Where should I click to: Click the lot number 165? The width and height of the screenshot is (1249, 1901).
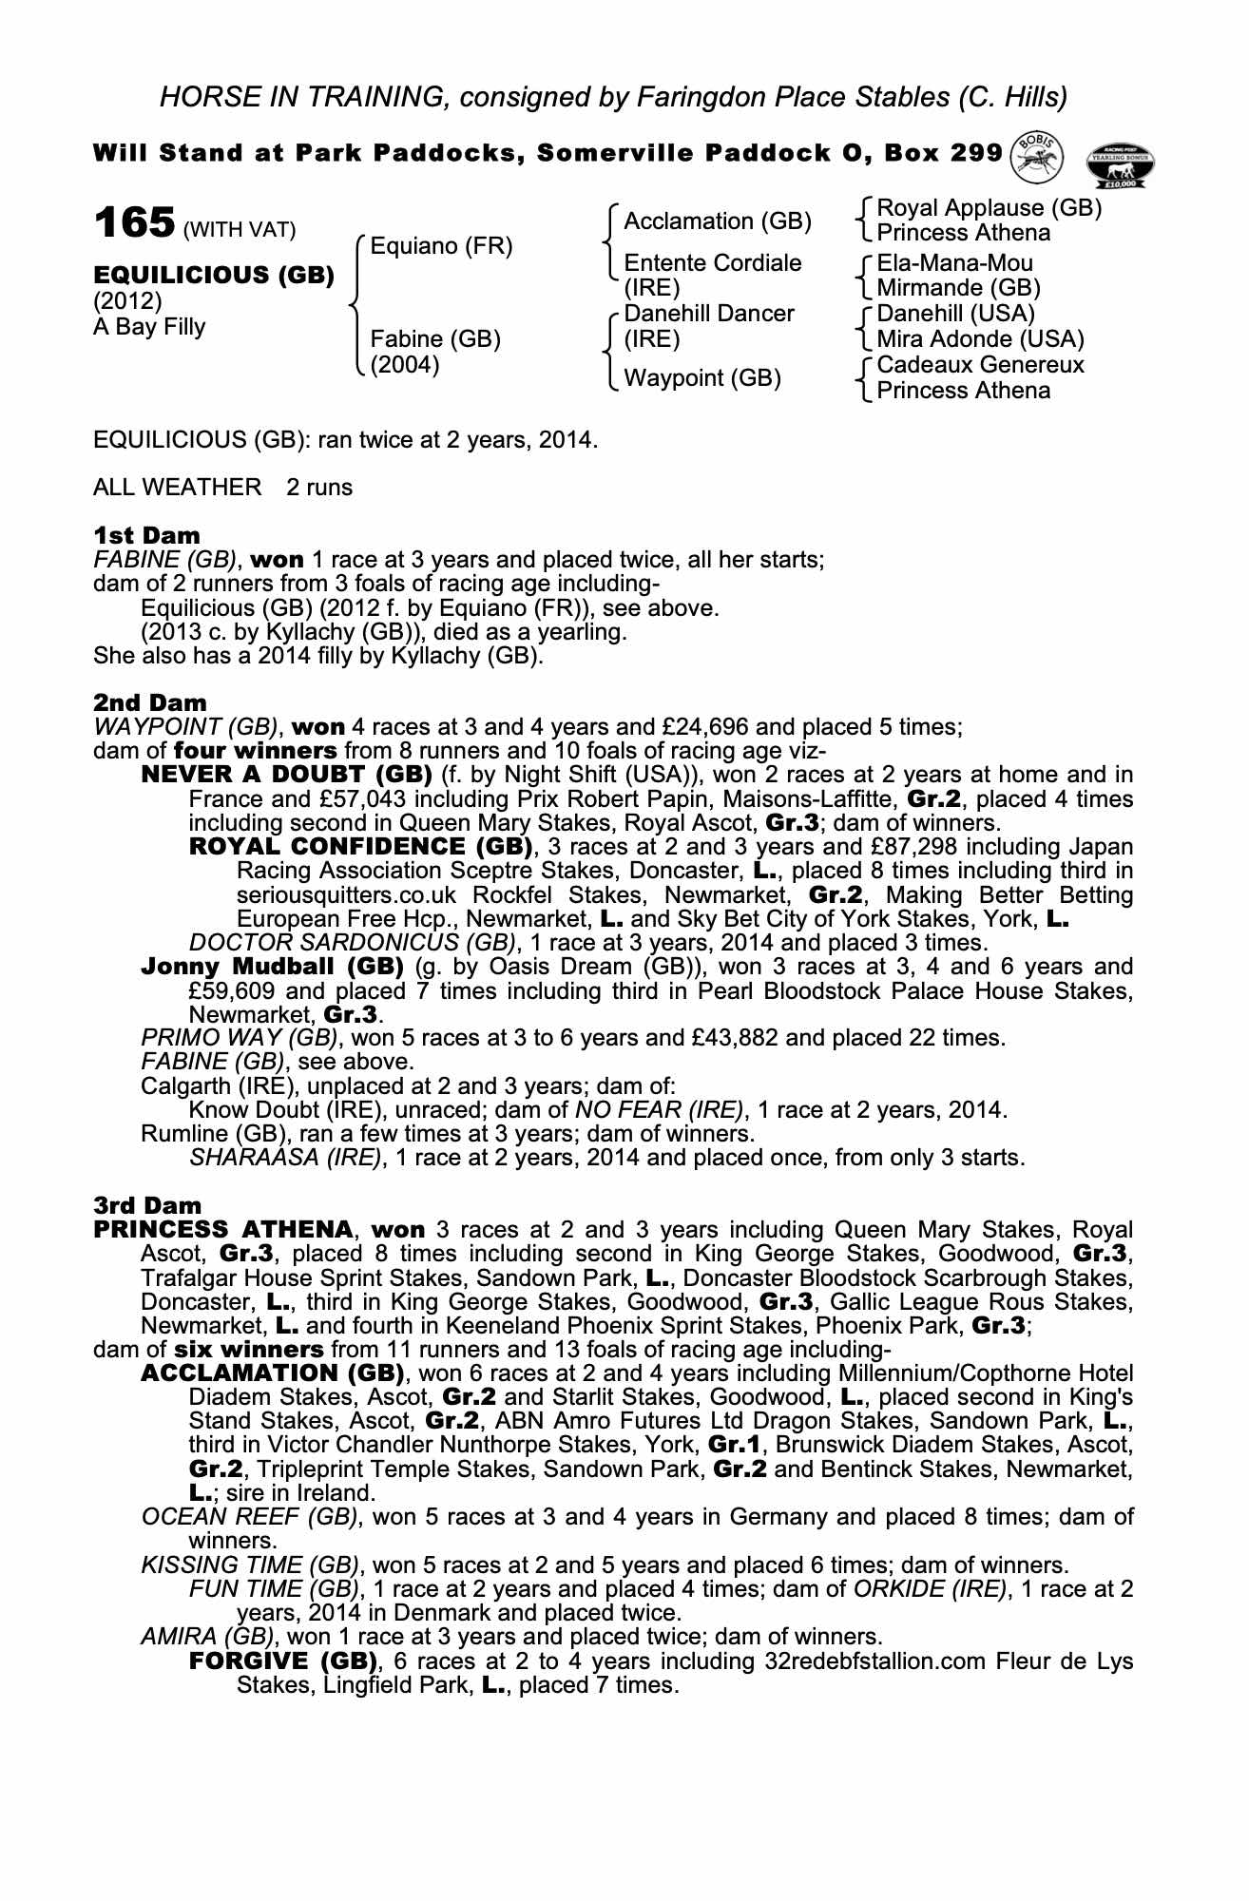click(x=133, y=223)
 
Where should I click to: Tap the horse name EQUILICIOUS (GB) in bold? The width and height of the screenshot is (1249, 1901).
click(x=214, y=276)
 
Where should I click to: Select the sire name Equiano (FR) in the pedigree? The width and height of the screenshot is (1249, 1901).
click(x=441, y=247)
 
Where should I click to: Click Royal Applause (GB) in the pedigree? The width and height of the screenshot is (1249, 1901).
click(x=989, y=208)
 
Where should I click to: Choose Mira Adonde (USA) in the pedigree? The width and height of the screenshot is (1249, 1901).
click(x=980, y=339)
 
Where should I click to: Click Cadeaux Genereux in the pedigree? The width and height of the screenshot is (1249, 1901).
click(x=980, y=365)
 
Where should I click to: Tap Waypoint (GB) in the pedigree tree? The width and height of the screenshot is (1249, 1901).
click(x=701, y=378)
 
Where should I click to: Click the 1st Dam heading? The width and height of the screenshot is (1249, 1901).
click(x=146, y=535)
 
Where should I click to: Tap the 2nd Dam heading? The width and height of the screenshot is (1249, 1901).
click(x=149, y=702)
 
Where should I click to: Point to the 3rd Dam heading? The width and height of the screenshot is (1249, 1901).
click(x=147, y=1205)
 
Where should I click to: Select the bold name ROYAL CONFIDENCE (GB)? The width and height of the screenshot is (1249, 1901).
click(x=360, y=847)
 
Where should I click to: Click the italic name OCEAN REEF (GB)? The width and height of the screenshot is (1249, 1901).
click(x=249, y=1517)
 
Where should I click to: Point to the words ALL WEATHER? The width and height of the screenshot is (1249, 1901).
click(x=177, y=488)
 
